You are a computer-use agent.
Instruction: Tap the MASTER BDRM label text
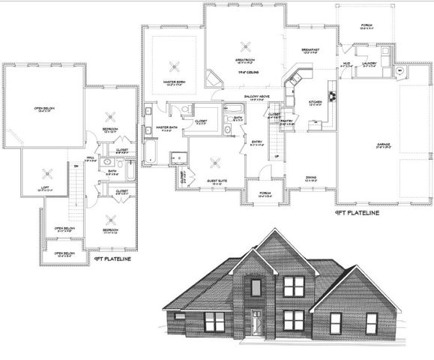(x=176, y=82)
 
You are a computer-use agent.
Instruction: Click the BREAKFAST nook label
(x=310, y=50)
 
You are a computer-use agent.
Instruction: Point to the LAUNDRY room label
(x=367, y=63)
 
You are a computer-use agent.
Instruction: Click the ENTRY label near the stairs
(x=256, y=142)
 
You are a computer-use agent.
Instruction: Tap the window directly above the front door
(x=256, y=286)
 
